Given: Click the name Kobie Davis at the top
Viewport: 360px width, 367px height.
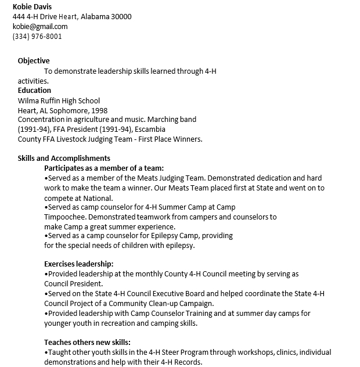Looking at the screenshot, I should tap(32, 6).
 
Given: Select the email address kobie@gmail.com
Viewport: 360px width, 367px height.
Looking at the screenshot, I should tap(40, 26).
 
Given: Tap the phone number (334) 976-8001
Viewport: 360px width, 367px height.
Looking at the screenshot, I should tap(37, 36).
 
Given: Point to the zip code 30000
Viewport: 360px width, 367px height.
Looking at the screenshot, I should tap(120, 16).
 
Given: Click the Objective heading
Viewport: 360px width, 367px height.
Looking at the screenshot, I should tap(34, 61).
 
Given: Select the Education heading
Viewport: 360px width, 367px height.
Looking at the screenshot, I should tap(34, 91).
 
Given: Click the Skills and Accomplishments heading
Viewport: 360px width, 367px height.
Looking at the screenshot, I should tap(64, 159).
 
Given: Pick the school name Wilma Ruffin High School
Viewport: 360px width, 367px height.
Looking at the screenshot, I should tap(59, 100).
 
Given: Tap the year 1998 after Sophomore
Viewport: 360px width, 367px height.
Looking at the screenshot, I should tap(99, 110).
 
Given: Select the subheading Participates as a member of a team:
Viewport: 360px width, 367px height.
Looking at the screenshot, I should tap(104, 168).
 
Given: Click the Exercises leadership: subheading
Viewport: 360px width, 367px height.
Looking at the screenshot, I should tap(79, 264).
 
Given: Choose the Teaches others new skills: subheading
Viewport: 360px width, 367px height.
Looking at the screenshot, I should tap(87, 342).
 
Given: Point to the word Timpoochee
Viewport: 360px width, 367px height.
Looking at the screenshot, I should tap(64, 217).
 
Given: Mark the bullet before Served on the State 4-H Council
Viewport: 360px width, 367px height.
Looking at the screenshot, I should tap(46, 294).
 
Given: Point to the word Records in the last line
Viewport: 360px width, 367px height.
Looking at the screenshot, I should tap(187, 362).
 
